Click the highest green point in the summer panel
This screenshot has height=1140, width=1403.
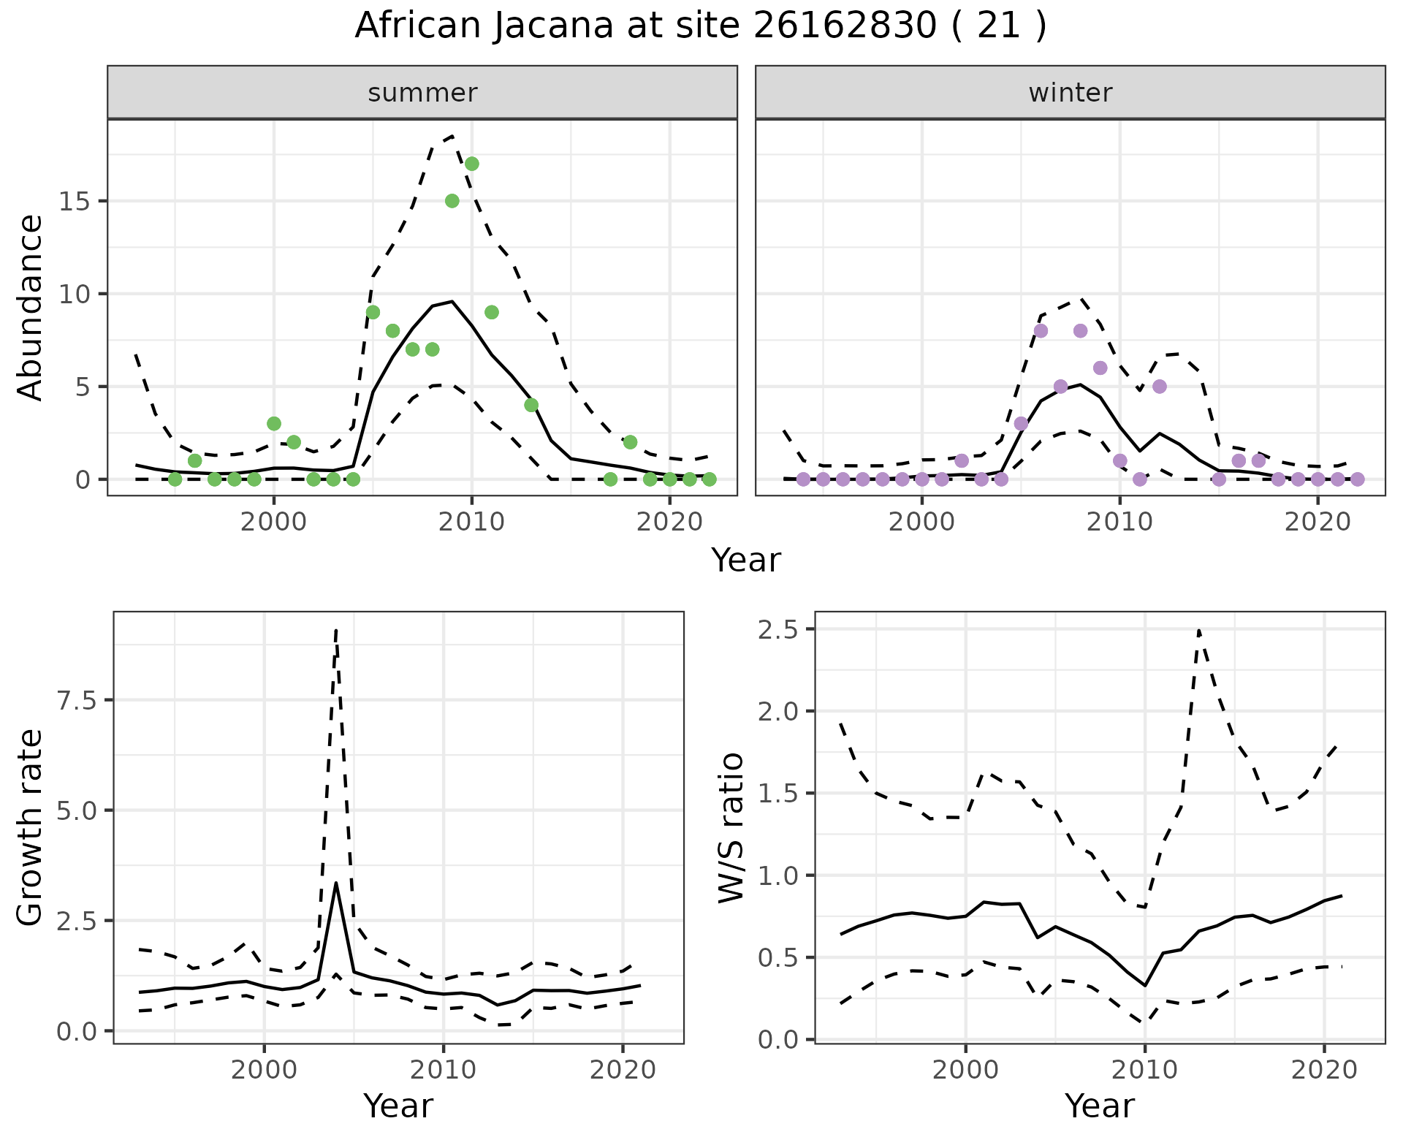[x=472, y=164]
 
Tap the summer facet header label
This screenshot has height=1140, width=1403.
[x=422, y=93]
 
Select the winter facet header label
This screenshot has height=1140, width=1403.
[x=1070, y=93]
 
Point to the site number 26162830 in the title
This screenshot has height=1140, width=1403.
[x=844, y=26]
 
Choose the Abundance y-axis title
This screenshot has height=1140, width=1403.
[x=31, y=308]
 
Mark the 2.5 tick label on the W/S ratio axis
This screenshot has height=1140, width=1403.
[x=778, y=630]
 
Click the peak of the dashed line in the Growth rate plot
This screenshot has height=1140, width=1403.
[x=335, y=629]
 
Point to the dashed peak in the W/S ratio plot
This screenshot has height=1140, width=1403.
[x=1199, y=630]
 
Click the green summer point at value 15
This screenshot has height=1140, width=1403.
[x=452, y=201]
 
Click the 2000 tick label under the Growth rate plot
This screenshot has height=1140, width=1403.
[x=265, y=1070]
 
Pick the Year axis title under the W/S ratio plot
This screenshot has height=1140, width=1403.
[x=1099, y=1106]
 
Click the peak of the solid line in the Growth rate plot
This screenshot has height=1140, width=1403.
[x=335, y=883]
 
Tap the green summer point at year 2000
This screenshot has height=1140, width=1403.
[x=274, y=424]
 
